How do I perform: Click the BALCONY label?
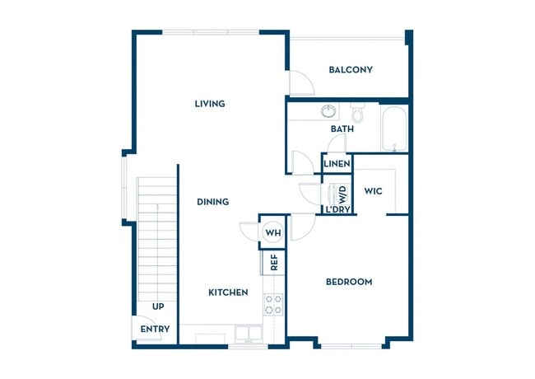pos(350,70)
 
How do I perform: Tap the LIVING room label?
pos(210,104)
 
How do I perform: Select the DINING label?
pos(212,202)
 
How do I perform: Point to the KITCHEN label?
pos(228,292)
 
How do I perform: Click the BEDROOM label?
pos(349,282)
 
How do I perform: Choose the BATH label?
pos(342,129)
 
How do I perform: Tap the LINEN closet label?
pos(337,164)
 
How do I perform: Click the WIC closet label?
pos(374,192)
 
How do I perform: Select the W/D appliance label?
pos(343,194)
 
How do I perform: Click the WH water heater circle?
pos(272,233)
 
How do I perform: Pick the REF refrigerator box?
pos(273,263)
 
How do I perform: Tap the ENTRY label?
pos(155,330)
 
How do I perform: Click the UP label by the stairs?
pos(158,306)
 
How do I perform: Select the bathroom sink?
pos(328,111)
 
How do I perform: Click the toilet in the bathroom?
pos(357,111)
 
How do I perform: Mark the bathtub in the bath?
pos(394,129)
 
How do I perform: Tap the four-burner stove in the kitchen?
pos(273,305)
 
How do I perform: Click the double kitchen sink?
pos(244,333)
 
